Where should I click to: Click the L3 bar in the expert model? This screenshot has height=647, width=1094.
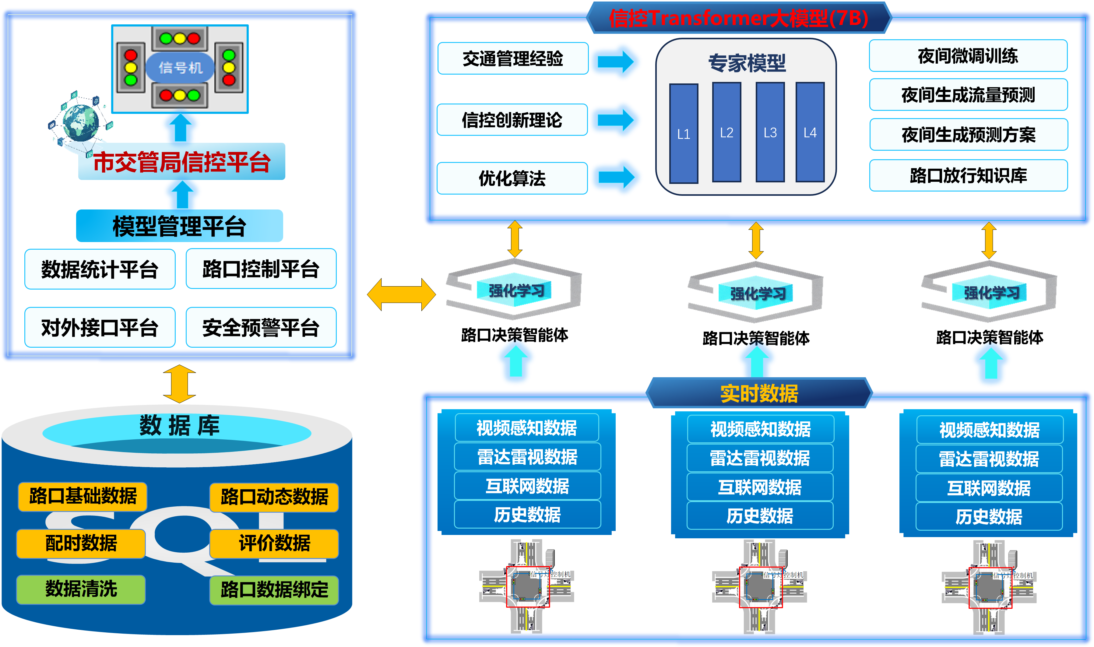click(x=770, y=132)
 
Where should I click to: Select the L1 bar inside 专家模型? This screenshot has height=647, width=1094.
click(x=684, y=133)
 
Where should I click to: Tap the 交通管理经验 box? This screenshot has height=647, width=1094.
click(x=513, y=58)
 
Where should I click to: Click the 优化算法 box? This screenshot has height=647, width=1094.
click(x=512, y=178)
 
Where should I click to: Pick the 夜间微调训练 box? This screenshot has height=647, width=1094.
click(x=968, y=56)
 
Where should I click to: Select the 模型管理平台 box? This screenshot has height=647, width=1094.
click(x=180, y=226)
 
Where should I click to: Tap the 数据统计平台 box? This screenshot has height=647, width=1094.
click(x=100, y=269)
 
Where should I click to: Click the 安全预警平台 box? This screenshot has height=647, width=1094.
click(x=261, y=327)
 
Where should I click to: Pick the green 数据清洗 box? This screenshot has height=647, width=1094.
click(x=81, y=589)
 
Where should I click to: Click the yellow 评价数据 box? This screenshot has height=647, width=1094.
click(x=274, y=543)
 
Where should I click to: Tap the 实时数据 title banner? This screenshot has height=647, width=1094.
click(x=759, y=393)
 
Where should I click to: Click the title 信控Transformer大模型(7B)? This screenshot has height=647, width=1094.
click(x=738, y=18)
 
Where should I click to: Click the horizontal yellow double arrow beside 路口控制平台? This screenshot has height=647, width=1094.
click(x=401, y=295)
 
